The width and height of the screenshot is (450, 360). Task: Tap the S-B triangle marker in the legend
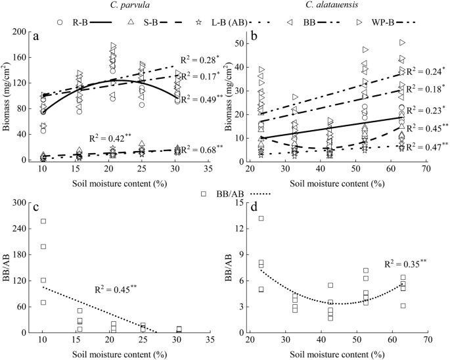131,22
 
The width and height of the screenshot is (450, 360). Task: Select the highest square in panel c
43,221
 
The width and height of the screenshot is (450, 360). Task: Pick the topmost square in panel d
261,219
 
